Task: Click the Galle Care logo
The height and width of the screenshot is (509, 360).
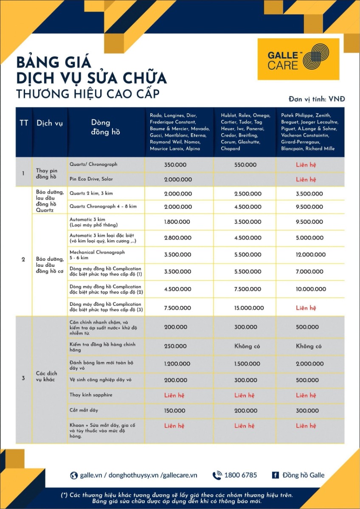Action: [298, 59]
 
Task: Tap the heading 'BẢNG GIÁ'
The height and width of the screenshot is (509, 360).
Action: [53, 62]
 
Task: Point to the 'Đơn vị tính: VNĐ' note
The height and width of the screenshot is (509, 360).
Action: [317, 99]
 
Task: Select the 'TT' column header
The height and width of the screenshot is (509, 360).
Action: [24, 123]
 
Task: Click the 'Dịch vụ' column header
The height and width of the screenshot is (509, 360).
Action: [50, 123]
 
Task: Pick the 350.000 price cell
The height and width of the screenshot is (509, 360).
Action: [175, 165]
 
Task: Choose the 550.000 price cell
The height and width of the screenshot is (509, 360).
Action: [245, 165]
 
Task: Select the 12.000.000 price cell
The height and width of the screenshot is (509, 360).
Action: [311, 255]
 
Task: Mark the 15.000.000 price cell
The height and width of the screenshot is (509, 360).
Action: [248, 308]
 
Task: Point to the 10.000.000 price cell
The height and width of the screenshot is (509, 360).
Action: [311, 289]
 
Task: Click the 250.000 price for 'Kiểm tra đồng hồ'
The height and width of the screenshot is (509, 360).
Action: [175, 346]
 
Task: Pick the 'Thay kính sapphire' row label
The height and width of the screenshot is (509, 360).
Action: [91, 395]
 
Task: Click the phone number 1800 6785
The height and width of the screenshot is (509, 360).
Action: [240, 475]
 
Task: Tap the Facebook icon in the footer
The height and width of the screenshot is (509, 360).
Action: [275, 475]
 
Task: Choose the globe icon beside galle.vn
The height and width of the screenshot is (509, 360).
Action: [74, 475]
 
